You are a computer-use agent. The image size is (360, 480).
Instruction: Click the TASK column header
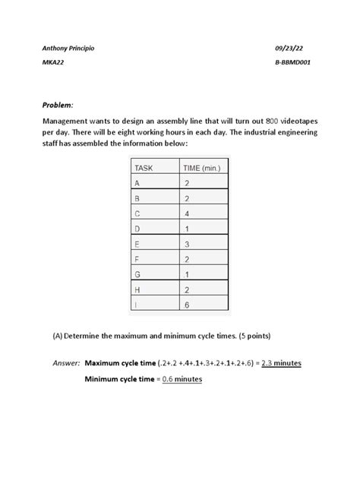pos(145,167)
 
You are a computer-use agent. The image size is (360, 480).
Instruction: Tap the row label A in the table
pos(137,183)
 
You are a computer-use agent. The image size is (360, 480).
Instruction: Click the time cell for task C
pos(187,213)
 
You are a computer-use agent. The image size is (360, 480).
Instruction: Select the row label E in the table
pos(137,244)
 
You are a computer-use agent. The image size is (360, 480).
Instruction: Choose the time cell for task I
pos(187,305)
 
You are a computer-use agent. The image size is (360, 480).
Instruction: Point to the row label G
pos(138,274)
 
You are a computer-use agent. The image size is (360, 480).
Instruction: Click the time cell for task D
pos(187,229)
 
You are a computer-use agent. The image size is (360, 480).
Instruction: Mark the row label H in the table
pos(137,290)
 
